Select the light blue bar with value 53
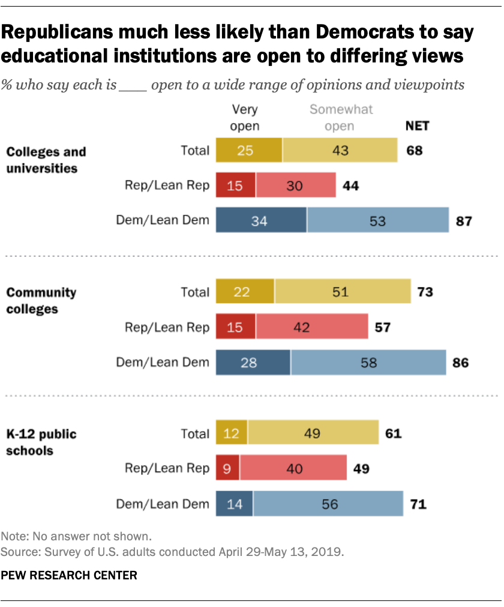[378, 220]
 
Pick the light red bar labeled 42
[311, 327]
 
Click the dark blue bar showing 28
[253, 362]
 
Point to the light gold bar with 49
[313, 433]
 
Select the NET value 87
[463, 220]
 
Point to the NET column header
[418, 127]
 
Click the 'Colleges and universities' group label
[46, 160]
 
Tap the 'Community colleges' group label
[41, 301]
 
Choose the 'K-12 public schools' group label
[41, 442]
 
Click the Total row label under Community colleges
[195, 292]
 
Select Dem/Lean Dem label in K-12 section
[163, 504]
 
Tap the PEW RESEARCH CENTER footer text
[69, 575]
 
